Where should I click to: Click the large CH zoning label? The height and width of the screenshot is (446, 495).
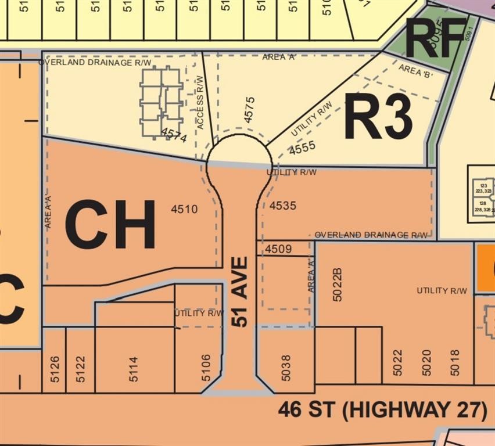coord(110,224)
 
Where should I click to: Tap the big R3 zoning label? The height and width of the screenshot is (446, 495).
coord(378,116)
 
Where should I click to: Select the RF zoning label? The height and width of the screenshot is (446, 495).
coord(436,38)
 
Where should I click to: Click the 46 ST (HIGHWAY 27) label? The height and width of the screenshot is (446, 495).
coord(382,409)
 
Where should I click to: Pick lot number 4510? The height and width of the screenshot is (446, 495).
coord(184,209)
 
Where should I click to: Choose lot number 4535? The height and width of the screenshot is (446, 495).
coord(283,206)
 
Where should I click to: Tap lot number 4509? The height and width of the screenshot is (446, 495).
coord(278,249)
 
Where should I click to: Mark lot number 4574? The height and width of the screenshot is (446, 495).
coord(174,137)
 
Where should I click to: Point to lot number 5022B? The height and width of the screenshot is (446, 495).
coord(338,284)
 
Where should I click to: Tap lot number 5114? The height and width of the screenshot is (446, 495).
coord(134,368)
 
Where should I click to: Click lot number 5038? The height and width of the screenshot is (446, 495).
coord(286,367)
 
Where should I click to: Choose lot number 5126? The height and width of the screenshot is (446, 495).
coord(54,368)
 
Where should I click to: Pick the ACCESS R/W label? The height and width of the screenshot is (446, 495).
coord(200,102)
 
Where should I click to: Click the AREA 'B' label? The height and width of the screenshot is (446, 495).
coord(415,71)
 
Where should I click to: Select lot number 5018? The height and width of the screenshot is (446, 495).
coord(455,362)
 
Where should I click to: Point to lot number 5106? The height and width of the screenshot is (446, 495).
coord(206,368)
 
